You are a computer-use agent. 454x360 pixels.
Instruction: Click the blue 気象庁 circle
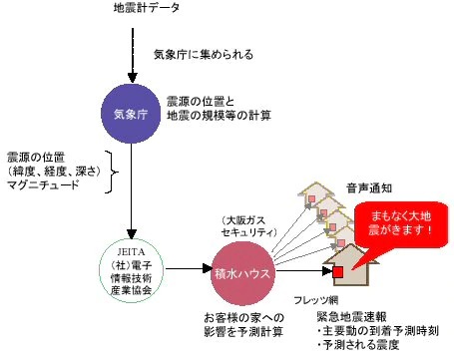[131, 114]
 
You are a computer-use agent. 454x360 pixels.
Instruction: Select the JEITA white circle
[132, 270]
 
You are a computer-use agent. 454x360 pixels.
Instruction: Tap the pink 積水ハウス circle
[243, 273]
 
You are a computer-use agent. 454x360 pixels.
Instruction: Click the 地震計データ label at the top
[147, 8]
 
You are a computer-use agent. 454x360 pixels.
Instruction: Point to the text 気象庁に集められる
[204, 54]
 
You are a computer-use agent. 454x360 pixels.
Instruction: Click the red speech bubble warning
[401, 224]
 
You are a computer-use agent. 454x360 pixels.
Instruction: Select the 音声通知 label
[369, 188]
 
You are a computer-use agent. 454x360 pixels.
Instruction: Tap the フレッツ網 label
[315, 300]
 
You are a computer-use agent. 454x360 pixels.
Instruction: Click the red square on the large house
[338, 272]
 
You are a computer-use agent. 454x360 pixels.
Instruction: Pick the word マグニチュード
[43, 184]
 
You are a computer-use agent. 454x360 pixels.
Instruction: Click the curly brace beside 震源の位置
[111, 173]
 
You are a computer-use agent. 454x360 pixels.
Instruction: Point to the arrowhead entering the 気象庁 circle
[133, 78]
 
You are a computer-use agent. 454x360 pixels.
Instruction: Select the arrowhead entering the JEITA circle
[132, 234]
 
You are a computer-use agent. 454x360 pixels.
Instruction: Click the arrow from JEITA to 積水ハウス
[189, 268]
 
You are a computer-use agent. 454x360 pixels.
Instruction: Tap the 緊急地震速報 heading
[351, 317]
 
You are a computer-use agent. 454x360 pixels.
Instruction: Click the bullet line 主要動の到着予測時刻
[377, 331]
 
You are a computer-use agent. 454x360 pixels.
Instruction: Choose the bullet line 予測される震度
[357, 345]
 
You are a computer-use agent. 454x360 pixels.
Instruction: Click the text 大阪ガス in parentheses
[244, 220]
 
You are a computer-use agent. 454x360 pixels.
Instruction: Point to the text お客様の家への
[244, 318]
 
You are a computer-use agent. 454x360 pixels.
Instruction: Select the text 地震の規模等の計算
[219, 116]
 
